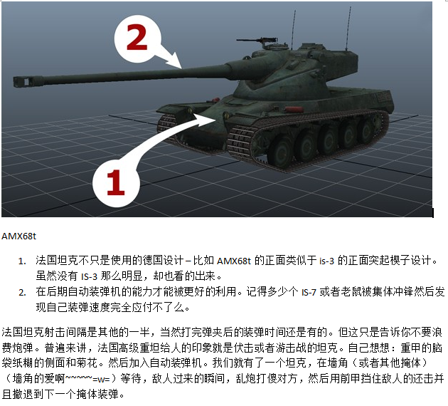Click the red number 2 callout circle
[138, 39]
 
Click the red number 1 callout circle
[116, 183]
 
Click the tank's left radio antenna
[294, 30]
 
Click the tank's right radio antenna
[348, 28]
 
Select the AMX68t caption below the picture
[19, 236]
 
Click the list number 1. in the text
[22, 261]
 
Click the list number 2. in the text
[22, 293]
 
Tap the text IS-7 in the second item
[309, 293]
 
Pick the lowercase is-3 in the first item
[326, 261]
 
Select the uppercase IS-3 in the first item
[89, 276]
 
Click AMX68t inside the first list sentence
[234, 261]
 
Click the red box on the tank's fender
[293, 110]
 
